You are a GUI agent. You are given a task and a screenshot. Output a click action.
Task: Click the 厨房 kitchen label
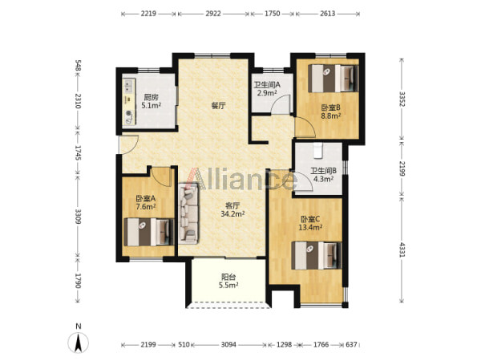coord(152,98)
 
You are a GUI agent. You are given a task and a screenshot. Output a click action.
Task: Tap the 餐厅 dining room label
coord(219,106)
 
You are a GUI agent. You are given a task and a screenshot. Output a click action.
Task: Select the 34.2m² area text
coord(232,214)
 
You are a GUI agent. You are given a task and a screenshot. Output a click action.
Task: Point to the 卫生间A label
coord(267,84)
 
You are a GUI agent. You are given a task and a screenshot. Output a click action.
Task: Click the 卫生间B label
coord(324,171)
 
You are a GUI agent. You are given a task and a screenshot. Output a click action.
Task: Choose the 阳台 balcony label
coord(228,278)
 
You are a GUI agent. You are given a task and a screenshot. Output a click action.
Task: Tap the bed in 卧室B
coord(333,79)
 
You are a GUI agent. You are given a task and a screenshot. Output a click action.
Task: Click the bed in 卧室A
coord(149,232)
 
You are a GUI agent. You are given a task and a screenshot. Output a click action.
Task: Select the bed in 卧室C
coord(317,255)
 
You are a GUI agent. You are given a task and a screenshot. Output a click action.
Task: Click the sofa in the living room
coord(188,213)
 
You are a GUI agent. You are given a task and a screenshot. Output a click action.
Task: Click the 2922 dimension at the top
coord(213,14)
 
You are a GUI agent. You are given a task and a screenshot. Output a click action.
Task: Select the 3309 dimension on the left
coord(79,216)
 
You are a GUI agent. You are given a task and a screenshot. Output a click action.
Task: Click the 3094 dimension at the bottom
coord(228,345)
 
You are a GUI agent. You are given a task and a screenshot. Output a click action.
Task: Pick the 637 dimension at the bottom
coord(351,345)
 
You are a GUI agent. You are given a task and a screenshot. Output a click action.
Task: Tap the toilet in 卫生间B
coord(318,151)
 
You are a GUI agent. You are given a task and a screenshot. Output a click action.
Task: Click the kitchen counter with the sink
coord(129,102)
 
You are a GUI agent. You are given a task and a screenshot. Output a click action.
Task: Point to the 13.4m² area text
coord(310,228)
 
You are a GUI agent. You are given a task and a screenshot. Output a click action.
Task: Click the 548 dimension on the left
coord(79,66)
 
